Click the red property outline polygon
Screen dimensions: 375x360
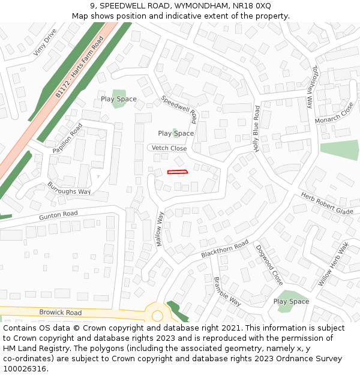click(x=178, y=172)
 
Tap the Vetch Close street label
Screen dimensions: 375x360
click(x=169, y=148)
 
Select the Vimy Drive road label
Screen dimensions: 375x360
click(x=45, y=42)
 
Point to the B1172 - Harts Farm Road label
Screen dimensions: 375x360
click(x=79, y=67)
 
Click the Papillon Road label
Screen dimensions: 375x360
click(x=67, y=138)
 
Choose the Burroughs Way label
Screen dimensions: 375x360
click(x=69, y=187)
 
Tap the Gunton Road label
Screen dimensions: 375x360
click(x=59, y=214)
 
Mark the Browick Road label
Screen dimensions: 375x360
click(x=61, y=313)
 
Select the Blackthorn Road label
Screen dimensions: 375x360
click(x=225, y=249)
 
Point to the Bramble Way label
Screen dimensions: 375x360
click(x=227, y=292)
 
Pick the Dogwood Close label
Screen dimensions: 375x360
click(x=269, y=265)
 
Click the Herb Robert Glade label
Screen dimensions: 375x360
click(x=327, y=203)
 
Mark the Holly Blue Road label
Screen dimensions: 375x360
click(x=257, y=128)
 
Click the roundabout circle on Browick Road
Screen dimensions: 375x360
click(x=158, y=315)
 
